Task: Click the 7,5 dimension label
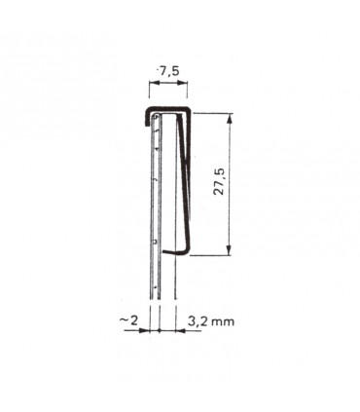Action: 166,71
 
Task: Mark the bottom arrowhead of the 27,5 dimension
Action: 230,250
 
